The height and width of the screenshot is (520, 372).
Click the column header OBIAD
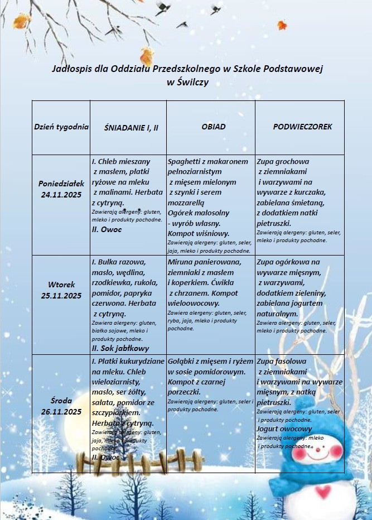click(214, 127)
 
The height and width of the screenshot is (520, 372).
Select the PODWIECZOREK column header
click(302, 127)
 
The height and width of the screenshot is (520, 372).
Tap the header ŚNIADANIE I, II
click(131, 127)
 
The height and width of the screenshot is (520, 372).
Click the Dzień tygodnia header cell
click(61, 127)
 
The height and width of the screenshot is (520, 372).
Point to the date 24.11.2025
click(61, 195)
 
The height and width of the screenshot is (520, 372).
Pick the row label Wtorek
click(61, 285)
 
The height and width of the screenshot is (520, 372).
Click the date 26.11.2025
click(61, 412)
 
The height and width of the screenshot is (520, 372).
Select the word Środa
click(61, 401)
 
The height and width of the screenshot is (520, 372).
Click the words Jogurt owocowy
click(284, 429)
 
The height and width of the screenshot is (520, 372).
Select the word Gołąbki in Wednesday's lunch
click(182, 362)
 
